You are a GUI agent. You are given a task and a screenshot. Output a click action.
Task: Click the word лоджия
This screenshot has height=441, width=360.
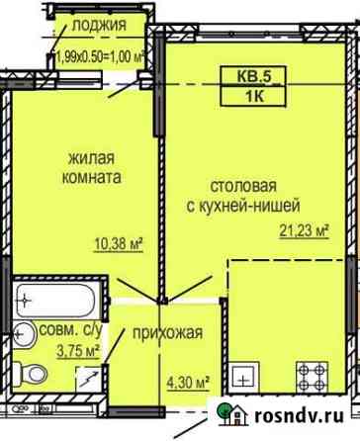pos(99,25)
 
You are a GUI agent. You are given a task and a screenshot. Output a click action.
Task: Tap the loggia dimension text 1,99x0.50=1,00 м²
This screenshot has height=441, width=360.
pos(101,58)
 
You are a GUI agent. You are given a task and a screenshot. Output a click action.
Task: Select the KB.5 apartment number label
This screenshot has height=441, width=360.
pos(254,76)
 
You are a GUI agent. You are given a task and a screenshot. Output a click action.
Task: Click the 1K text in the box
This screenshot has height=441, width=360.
pos(254,97)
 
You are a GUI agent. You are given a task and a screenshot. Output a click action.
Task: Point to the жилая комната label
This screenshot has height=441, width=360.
pos(92,168)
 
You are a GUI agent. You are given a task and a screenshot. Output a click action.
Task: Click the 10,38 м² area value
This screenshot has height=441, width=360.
pos(119,244)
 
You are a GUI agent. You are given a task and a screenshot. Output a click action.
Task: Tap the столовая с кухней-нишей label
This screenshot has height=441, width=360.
pos(243,196)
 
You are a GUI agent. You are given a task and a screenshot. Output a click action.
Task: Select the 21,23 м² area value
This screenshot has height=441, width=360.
pos(305,230)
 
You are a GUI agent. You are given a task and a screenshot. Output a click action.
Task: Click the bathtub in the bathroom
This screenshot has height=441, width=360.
pos(55,301)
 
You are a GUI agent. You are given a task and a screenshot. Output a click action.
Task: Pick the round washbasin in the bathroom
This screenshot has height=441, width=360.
pos(24,334)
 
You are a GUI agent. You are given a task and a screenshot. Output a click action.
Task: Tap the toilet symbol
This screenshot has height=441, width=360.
pos(31,375)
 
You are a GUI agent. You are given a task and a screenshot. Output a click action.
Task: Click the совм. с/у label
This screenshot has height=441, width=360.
pos(70,330)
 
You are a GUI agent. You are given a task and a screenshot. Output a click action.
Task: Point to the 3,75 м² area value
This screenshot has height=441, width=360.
pos(78,351)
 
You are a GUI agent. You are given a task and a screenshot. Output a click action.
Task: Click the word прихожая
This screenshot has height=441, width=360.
pos(168,333)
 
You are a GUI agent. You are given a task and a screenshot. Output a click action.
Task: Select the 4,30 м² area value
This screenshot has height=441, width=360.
pos(188,384)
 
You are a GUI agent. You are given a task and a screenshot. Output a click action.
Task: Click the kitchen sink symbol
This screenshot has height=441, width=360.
pos(244,377)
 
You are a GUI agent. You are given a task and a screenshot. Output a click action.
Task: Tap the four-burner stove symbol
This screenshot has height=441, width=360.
pos(312,377)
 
